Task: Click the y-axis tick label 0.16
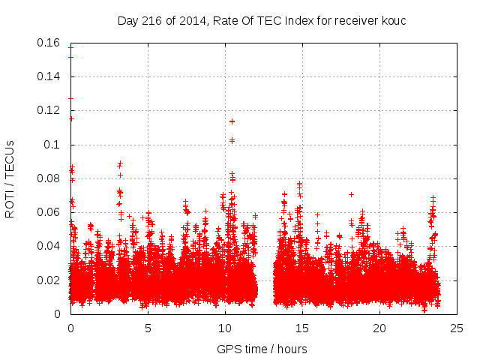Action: (50, 43)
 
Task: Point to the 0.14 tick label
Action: (50, 76)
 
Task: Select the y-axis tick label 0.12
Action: (50, 110)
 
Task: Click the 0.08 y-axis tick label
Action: (50, 178)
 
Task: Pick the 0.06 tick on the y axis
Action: (50, 212)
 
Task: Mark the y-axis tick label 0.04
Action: (50, 246)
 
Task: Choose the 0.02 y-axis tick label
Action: (50, 280)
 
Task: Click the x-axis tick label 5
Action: (148, 328)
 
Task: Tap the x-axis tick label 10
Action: (225, 328)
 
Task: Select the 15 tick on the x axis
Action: (302, 328)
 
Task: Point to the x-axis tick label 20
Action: (379, 328)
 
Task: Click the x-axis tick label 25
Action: (457, 328)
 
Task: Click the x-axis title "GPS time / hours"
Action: (262, 349)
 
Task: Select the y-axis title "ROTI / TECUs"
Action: (10, 178)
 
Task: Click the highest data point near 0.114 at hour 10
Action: (232, 121)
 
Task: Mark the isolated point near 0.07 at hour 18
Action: (351, 194)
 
